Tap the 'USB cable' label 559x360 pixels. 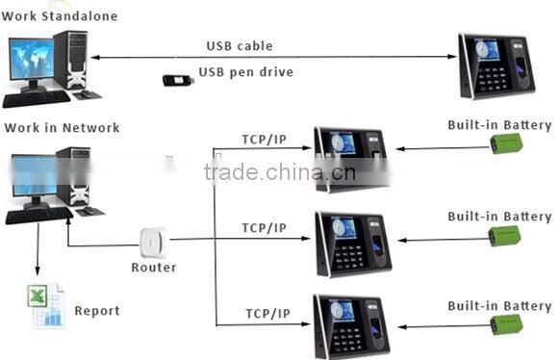239,45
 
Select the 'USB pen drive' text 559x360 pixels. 245,72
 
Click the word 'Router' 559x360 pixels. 154,267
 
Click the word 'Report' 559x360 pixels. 97,311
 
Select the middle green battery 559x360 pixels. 505,237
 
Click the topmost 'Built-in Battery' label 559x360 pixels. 499,125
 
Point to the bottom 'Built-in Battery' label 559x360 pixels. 499,306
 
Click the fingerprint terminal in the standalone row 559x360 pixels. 496,65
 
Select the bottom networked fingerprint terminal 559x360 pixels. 350,326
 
